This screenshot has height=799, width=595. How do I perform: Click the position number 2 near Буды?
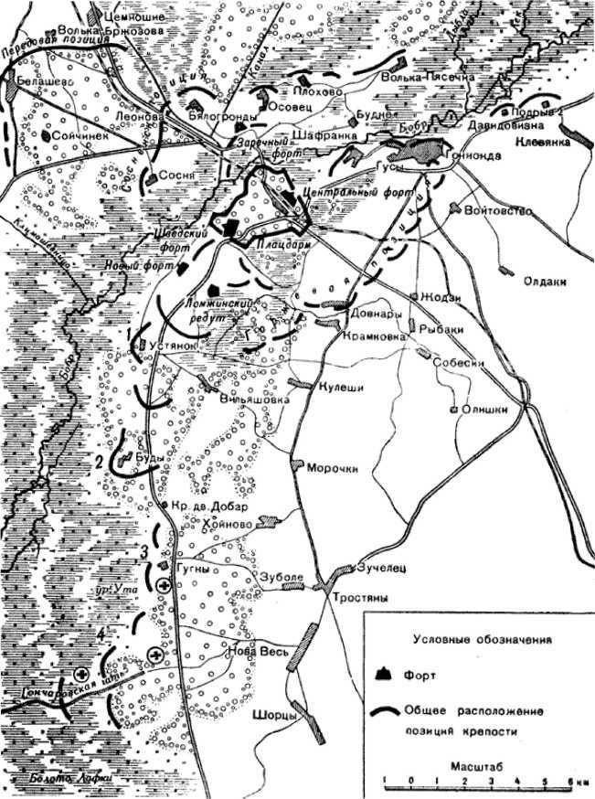(99, 461)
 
